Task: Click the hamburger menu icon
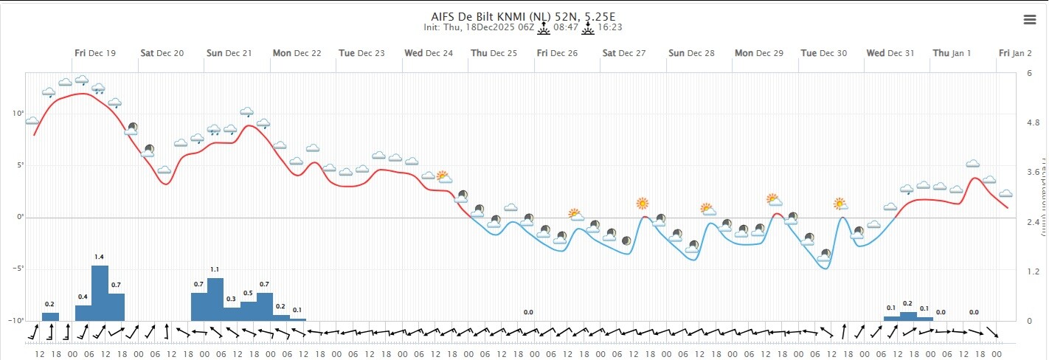pos(1030,20)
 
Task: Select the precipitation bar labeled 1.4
pos(100,293)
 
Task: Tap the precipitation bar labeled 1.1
pos(215,299)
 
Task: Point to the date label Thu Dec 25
pos(494,53)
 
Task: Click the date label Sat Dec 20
pos(163,53)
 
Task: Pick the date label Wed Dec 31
pos(890,53)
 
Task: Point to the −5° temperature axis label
pos(16,269)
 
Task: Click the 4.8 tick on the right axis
pos(1033,123)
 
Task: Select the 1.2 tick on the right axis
pos(1033,272)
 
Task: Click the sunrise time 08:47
pos(564,27)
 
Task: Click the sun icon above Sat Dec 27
pos(643,203)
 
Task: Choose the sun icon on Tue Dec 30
pos(839,203)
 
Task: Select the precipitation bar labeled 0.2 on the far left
pos(50,316)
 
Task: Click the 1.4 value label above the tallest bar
pos(100,257)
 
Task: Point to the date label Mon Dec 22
pos(297,53)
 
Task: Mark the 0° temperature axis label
pos(18,217)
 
